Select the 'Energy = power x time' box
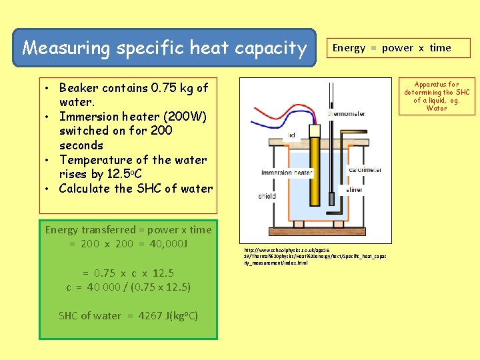coord(391,48)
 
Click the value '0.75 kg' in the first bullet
coord(173,87)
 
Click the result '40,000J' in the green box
coord(164,243)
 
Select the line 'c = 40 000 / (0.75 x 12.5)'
coord(128,287)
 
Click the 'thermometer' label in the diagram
coord(346,114)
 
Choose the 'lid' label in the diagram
coord(292,135)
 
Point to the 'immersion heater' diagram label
coord(287,173)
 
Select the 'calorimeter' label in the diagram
coord(365,169)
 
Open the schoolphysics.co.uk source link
coord(315,256)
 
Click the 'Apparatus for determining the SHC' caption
coord(437,96)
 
